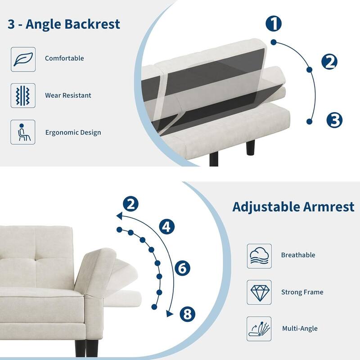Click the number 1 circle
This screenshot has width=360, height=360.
coord(274,23)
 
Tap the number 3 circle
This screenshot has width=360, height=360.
coord(334,120)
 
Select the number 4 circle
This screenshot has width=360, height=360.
coord(167,227)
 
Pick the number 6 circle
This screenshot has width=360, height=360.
coord(182,269)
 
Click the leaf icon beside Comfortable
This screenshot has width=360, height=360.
coord(23,59)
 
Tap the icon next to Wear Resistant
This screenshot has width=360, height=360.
coord(23,95)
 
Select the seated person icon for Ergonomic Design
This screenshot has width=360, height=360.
coord(23,132)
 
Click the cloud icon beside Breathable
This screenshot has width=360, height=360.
coord(259,256)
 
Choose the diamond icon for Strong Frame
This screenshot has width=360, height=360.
coord(259,292)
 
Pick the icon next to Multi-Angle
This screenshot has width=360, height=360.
coord(259,328)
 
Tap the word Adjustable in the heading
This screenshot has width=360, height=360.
coord(264,207)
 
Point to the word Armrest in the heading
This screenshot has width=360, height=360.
coord(327,207)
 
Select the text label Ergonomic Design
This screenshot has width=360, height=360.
coord(73,133)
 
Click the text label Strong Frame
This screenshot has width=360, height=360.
coord(302,292)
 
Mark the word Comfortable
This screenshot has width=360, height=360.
coord(64,58)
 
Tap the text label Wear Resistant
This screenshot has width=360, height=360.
coord(68,95)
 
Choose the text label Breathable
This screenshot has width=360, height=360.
coord(298,255)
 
